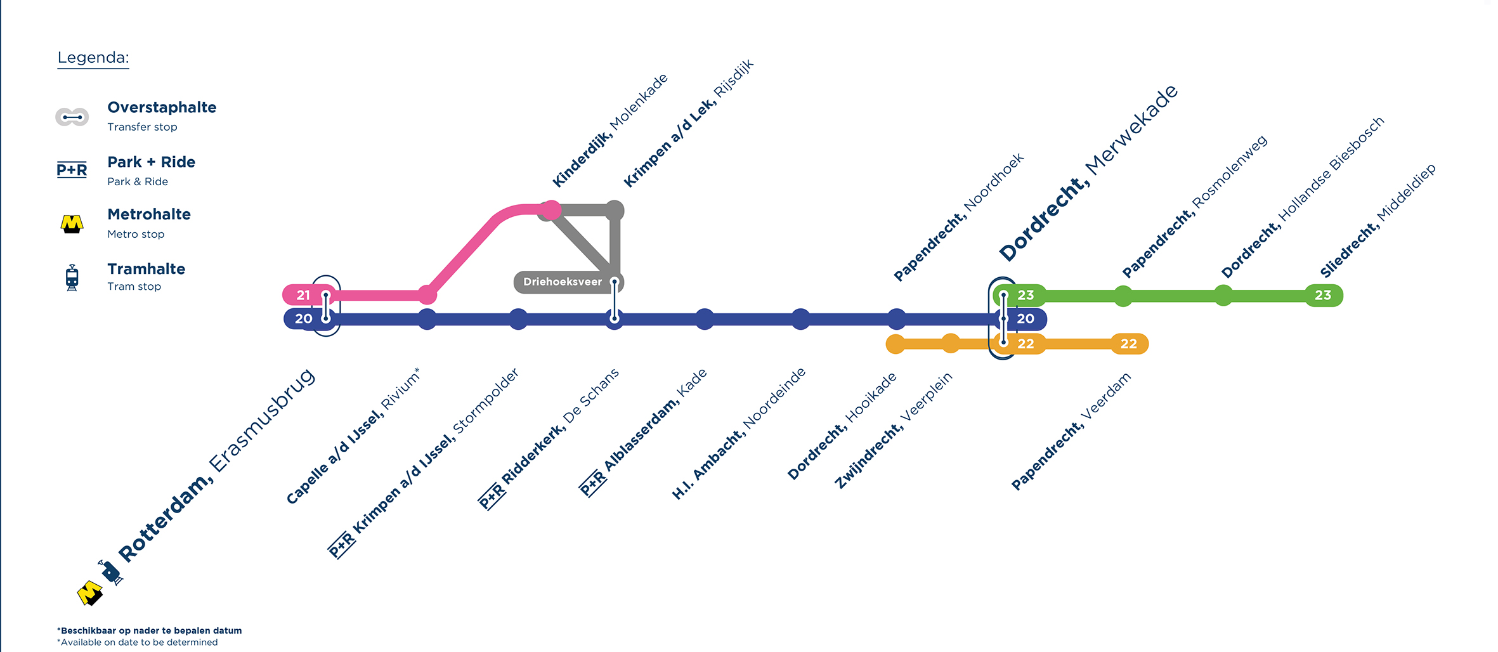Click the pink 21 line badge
pyautogui.click(x=303, y=295)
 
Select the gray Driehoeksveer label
pyautogui.click(x=562, y=282)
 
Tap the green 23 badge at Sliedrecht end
pyautogui.click(x=1322, y=295)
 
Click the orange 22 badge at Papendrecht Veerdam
pyautogui.click(x=1128, y=344)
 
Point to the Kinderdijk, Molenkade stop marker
pyautogui.click(x=551, y=210)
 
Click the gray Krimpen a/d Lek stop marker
pyautogui.click(x=614, y=210)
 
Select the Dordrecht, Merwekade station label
pyautogui.click(x=1088, y=173)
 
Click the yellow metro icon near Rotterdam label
pyautogui.click(x=89, y=593)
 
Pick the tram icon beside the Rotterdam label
pyautogui.click(x=111, y=572)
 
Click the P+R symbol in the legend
pyautogui.click(x=72, y=169)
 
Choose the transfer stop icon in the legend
pyautogui.click(x=72, y=117)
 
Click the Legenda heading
pyautogui.click(x=93, y=58)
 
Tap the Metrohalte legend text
pyautogui.click(x=149, y=214)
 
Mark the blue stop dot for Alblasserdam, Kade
pyautogui.click(x=705, y=319)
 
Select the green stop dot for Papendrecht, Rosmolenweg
pyautogui.click(x=1123, y=296)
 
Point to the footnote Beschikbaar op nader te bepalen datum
pyautogui.click(x=150, y=630)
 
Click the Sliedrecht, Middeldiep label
pyautogui.click(x=1378, y=221)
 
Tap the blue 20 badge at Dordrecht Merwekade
pyautogui.click(x=1026, y=319)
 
